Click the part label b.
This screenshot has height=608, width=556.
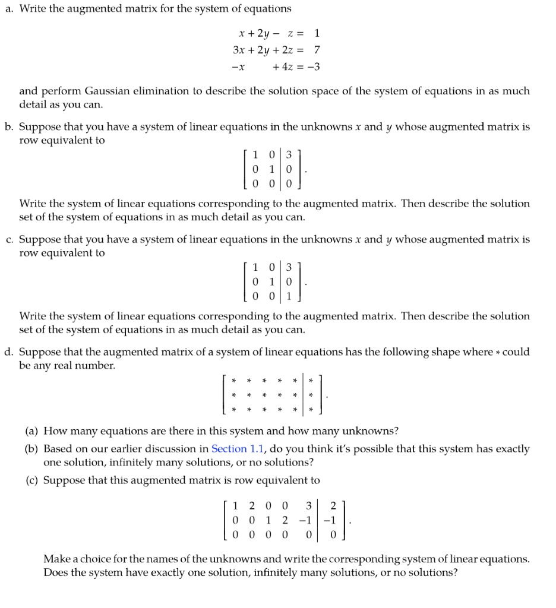click(8, 127)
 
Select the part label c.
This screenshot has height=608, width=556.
click(8, 240)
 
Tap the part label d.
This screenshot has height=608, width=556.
click(8, 352)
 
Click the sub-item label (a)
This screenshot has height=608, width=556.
click(32, 431)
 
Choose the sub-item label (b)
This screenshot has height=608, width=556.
click(32, 449)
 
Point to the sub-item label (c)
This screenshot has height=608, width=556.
click(32, 480)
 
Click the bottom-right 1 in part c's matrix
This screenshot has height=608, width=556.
click(289, 295)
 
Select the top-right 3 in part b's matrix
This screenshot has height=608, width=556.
click(289, 156)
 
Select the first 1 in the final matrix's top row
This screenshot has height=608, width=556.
click(236, 506)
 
